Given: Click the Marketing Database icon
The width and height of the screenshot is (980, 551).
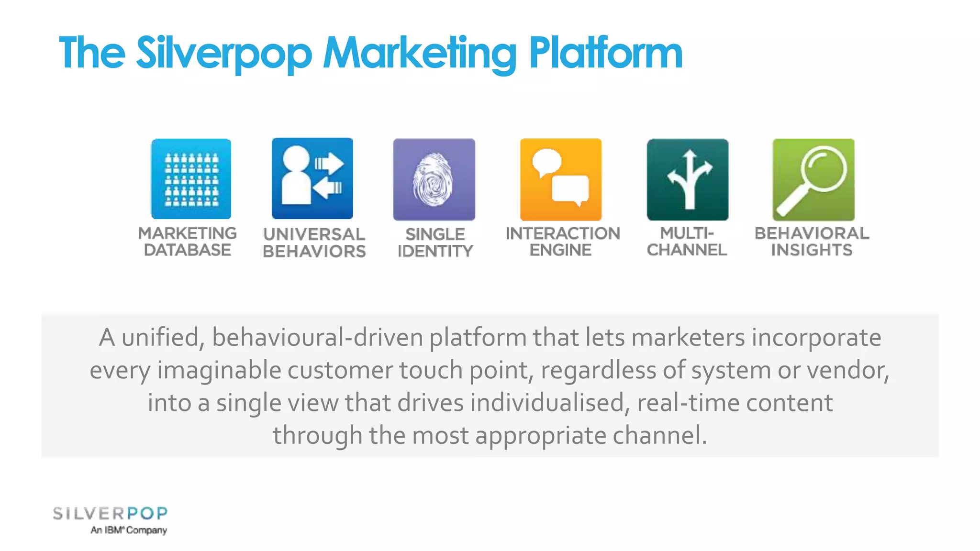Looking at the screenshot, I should coord(191,179).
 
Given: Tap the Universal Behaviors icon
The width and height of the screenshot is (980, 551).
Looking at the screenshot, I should coord(312,178).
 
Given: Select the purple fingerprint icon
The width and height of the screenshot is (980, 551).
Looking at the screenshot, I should coord(434,179).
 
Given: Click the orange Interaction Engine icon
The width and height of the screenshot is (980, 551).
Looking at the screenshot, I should coord(561,179).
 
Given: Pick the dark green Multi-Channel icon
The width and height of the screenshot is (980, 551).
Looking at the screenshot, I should coord(687,179).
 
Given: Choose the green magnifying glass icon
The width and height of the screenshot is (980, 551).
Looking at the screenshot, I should coord(813,179).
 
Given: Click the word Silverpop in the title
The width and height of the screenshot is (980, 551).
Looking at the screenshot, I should coord(224,54).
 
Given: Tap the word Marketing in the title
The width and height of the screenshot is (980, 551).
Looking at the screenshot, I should coord(420,54).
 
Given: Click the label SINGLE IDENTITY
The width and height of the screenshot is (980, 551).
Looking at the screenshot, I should coord(435,242).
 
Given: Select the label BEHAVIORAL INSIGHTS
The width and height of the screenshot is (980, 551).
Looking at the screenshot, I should coord(812,242).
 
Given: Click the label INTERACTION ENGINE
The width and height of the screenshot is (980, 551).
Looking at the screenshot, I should coord(562,242).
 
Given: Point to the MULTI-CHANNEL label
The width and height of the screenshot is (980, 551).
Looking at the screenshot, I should coord(687,242).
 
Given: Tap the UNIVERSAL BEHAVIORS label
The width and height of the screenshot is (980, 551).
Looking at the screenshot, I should coord(314,242).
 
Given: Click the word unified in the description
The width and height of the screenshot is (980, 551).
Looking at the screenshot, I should coord(160,338).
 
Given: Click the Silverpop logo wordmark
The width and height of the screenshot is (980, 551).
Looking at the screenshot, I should coord(110,514).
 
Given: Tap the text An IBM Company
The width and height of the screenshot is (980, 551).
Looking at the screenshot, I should coord(129,530).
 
